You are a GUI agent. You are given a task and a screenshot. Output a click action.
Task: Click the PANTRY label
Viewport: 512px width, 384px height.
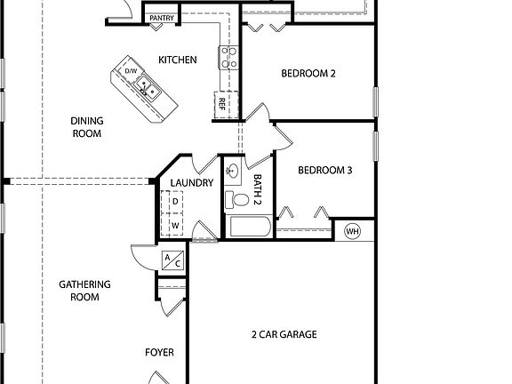pos(162,17)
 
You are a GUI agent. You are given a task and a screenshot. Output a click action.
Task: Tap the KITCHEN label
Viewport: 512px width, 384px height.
pos(178,60)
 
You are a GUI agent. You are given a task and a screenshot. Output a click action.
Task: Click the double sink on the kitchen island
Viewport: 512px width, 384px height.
pos(148,87)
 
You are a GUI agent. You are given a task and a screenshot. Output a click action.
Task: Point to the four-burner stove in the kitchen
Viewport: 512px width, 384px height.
pos(228,58)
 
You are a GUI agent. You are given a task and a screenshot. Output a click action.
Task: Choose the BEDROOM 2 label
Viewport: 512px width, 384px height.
pos(308,74)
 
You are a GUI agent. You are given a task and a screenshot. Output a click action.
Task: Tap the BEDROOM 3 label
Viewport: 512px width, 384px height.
pos(325,170)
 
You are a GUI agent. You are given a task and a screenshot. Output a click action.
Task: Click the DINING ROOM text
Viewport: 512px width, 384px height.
pos(87,127)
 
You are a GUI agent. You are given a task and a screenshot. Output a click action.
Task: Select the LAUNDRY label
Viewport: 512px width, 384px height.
pos(192,183)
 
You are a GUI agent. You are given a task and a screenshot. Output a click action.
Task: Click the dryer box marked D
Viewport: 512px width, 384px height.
pos(175,202)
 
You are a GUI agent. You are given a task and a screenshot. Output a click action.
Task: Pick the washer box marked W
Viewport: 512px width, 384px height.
pos(175,226)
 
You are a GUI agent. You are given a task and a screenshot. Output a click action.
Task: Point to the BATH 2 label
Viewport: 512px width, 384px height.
pos(258,188)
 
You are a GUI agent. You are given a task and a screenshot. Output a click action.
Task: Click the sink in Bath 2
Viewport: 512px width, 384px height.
pos(235,169)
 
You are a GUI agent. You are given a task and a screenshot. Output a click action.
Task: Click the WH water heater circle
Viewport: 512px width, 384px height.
pos(352,231)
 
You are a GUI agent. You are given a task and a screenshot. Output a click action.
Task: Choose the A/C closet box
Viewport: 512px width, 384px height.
pos(171,260)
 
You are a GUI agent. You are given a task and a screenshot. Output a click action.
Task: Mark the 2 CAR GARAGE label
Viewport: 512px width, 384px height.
pos(284,335)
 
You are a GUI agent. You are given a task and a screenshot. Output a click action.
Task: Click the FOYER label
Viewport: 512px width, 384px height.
pos(159,352)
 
